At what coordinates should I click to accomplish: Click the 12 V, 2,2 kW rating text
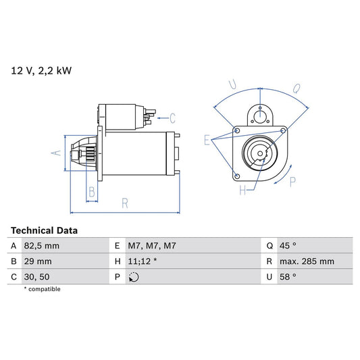click(x=41, y=69)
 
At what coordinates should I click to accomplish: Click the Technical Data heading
click(x=44, y=230)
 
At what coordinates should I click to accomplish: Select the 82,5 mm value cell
click(x=42, y=247)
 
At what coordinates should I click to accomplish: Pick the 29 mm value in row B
click(x=38, y=261)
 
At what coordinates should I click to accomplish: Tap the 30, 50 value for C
click(x=36, y=276)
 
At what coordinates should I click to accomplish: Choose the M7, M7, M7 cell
click(x=152, y=247)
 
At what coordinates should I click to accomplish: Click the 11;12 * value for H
click(x=143, y=261)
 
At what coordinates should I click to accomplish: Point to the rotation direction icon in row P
click(x=134, y=276)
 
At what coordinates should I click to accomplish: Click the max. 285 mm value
click(x=309, y=261)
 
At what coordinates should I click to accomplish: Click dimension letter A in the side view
click(x=57, y=153)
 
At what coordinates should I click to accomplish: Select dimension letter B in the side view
click(x=92, y=192)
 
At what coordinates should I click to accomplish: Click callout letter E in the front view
click(x=207, y=140)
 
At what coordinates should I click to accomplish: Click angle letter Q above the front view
click(x=296, y=86)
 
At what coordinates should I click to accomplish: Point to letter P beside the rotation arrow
click(x=292, y=181)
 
